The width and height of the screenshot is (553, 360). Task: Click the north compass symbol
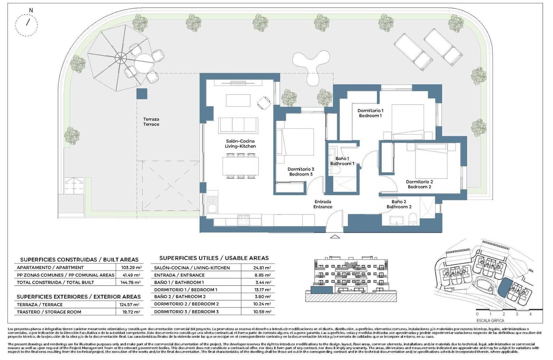(27, 24)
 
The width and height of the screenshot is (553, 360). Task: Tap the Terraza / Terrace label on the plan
(151, 122)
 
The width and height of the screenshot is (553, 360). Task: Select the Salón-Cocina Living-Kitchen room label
(240, 143)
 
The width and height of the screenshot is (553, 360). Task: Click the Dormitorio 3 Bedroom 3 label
(301, 172)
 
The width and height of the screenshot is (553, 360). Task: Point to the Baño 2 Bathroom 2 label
(399, 204)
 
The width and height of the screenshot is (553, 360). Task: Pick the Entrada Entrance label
(323, 204)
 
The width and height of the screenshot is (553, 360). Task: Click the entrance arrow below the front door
(335, 237)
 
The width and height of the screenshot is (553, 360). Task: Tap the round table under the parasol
(144, 63)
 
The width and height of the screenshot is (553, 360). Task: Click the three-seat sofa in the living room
(238, 125)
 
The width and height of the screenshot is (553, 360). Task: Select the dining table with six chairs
(240, 166)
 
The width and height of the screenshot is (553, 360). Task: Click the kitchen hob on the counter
(244, 220)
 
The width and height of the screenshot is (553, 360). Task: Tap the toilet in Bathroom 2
(413, 220)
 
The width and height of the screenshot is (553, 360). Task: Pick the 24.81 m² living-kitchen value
(262, 268)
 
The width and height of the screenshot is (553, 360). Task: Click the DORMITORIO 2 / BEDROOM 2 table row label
(186, 304)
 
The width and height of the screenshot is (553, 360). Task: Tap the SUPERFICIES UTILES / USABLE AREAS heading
(214, 258)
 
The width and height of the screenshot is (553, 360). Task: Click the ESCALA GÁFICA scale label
(490, 321)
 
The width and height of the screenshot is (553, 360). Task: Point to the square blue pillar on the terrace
(142, 94)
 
